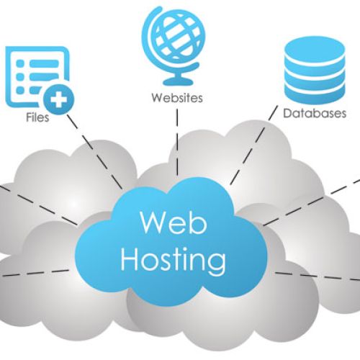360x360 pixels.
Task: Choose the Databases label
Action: tap(315, 114)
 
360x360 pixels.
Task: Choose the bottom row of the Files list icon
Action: tap(29, 93)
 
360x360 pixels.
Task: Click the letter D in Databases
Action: tap(287, 114)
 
